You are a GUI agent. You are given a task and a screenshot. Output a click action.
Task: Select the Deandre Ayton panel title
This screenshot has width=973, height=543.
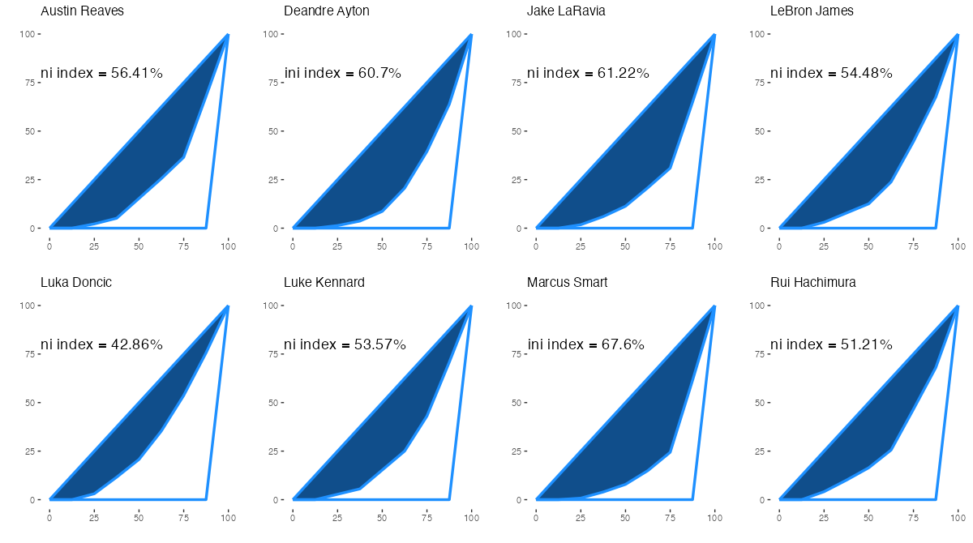(327, 11)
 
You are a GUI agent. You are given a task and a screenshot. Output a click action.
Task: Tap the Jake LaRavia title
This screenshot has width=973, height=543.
(566, 11)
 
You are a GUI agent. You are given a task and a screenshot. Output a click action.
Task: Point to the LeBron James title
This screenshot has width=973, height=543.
(812, 11)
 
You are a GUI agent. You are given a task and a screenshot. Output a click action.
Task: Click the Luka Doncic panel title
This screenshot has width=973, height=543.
(76, 283)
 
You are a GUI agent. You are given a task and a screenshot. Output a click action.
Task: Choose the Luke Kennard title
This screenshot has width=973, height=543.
(324, 283)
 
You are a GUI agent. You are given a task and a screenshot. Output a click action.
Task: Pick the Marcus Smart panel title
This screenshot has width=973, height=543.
(567, 283)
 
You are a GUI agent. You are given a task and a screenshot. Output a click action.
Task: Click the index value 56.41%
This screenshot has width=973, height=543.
(137, 74)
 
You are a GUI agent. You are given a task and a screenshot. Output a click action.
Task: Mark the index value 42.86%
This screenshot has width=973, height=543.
(137, 345)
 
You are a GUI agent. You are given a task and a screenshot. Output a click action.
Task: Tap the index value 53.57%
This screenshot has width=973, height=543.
(380, 345)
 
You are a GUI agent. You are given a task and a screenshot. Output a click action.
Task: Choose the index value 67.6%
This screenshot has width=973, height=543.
(623, 345)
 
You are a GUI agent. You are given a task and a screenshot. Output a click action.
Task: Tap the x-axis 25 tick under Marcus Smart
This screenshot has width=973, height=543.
(581, 515)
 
